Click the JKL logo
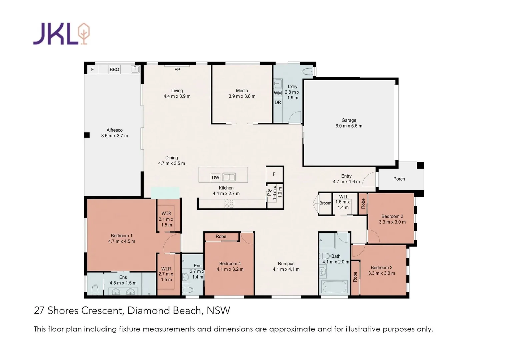(61, 33)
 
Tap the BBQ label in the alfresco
(114, 70)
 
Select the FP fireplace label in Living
(177, 70)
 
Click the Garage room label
(349, 120)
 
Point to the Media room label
(242, 91)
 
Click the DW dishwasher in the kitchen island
(216, 178)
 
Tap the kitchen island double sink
(229, 177)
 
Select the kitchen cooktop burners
(229, 203)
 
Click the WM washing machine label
(278, 93)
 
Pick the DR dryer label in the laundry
(278, 102)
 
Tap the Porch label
(399, 179)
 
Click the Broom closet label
(325, 203)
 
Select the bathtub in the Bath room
(335, 286)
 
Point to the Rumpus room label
(286, 264)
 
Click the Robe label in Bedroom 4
(221, 237)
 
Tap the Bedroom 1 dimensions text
(122, 241)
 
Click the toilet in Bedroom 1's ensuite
(95, 289)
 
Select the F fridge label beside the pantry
(274, 174)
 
